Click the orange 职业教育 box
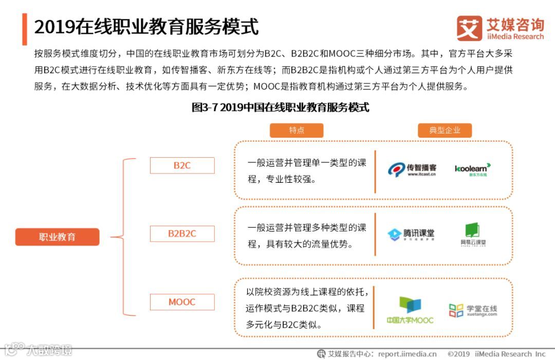point(57,237)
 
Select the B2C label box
point(182,165)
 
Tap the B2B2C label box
point(182,234)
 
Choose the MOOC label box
point(182,302)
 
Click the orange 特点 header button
point(297,130)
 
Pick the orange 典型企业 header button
point(445,130)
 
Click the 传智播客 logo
point(412,169)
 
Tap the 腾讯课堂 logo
point(411,235)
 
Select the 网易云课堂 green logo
point(473,235)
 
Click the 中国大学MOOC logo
point(410,310)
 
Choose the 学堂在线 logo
point(473,310)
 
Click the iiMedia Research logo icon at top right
point(469,28)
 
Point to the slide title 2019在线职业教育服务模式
point(146,27)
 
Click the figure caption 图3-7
point(280,107)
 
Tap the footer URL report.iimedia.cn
point(407,354)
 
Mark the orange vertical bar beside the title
point(25,29)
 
